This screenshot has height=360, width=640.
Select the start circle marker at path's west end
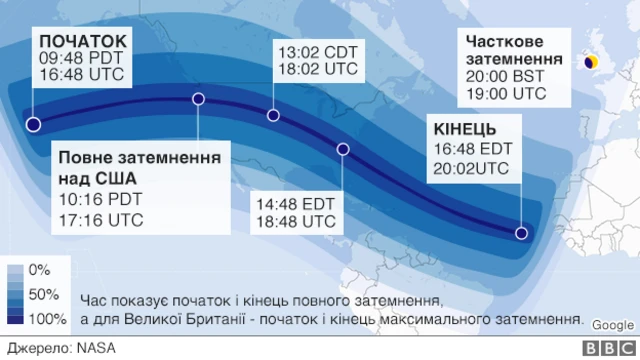[x=33, y=125]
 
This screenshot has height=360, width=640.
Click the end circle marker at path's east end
[x=521, y=234]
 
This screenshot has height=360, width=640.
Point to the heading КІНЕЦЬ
[x=464, y=129]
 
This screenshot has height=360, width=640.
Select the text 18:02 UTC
[x=317, y=69]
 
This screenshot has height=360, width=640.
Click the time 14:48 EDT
[x=295, y=202]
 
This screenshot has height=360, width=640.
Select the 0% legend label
[x=40, y=270]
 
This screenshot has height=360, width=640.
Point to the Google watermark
[x=612, y=325]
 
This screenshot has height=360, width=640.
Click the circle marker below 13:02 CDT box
[x=273, y=115]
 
